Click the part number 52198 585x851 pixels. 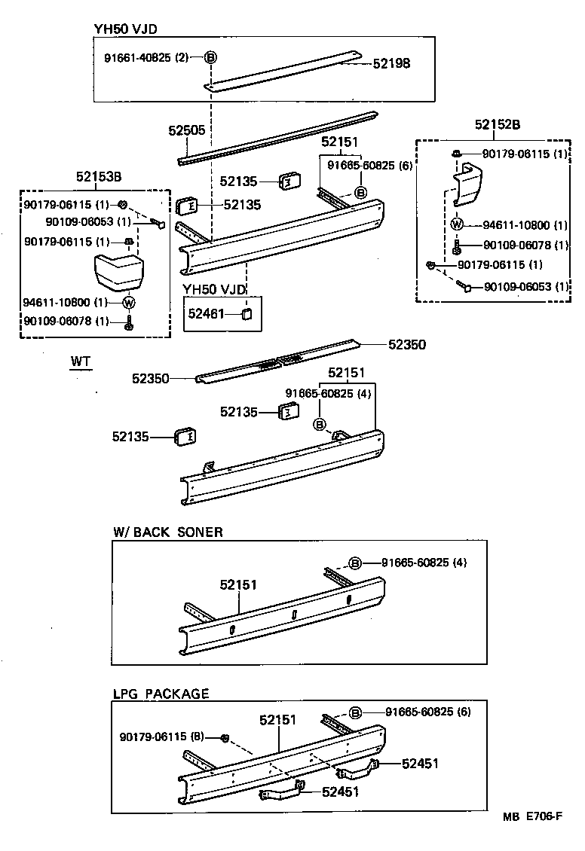(x=391, y=64)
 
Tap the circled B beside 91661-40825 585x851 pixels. (x=210, y=57)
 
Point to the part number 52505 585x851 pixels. (x=186, y=130)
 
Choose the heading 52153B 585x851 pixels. (x=98, y=177)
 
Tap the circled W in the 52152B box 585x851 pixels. (x=457, y=224)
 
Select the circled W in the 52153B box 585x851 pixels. (x=128, y=303)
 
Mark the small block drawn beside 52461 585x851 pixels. (x=247, y=313)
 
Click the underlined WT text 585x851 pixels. (x=80, y=362)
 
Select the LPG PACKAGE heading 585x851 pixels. (x=161, y=693)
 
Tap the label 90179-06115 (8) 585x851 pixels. (x=162, y=736)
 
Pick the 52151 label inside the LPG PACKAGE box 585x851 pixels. (x=277, y=720)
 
